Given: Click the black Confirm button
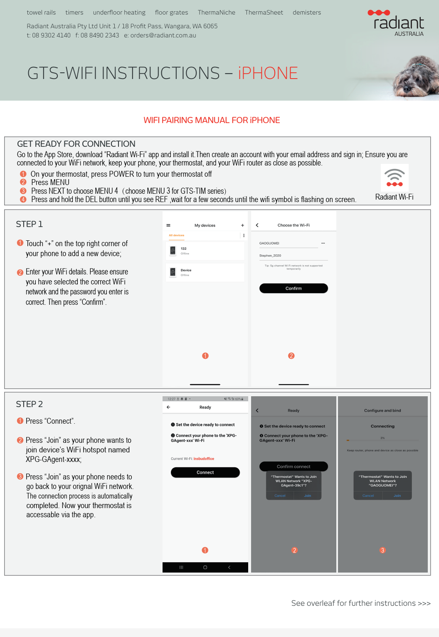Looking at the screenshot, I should (x=293, y=288).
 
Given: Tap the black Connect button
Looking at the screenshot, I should (x=205, y=472).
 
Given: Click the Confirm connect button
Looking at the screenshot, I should (x=293, y=467).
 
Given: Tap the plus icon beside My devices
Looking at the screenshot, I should (x=242, y=225).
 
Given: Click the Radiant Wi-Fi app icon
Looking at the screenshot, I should (x=395, y=178).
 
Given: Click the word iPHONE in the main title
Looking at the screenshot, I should (x=268, y=74).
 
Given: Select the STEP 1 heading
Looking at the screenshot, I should (x=29, y=224).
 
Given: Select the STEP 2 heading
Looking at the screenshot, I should (x=29, y=404).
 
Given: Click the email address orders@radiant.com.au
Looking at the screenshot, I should (x=163, y=35).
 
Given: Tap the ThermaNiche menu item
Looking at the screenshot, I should (x=216, y=12).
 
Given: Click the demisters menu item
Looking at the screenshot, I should (x=306, y=12).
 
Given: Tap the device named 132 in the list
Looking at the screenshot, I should (x=205, y=251).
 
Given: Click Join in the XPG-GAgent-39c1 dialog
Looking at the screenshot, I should (x=307, y=496).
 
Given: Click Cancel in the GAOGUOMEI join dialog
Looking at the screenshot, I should (x=368, y=496).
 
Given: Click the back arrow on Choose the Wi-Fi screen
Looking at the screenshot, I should (x=257, y=225).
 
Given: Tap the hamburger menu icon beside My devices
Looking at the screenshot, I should (x=168, y=225).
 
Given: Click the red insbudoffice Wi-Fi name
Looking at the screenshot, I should (x=204, y=459).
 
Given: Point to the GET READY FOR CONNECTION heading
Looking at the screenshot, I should (x=76, y=144).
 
